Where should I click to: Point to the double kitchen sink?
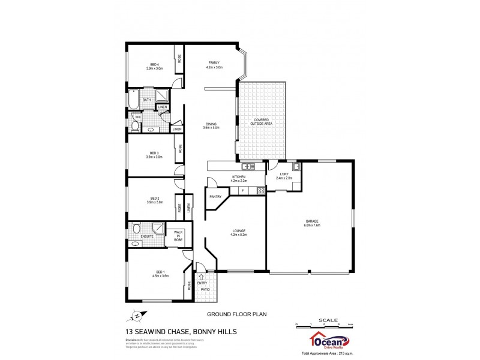point(249,166)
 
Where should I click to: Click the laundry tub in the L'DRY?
point(295,167)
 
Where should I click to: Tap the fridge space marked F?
point(242,191)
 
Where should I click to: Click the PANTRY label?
point(216,196)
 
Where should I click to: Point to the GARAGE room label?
point(310,221)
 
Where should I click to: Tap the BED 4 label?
point(154,65)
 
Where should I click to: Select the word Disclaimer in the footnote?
point(133,340)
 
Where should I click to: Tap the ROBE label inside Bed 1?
point(189,286)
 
